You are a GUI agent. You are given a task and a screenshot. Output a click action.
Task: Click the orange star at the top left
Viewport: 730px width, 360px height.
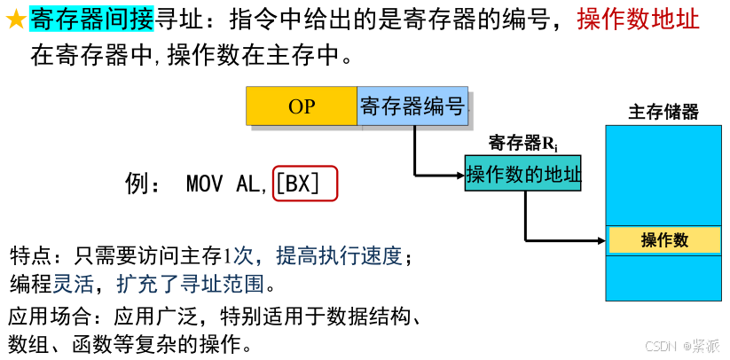(x=16, y=20)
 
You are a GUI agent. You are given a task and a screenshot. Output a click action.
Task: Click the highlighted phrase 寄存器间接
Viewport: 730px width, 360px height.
(x=91, y=19)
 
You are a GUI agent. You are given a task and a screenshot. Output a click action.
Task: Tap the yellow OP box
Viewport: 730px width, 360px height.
(x=302, y=106)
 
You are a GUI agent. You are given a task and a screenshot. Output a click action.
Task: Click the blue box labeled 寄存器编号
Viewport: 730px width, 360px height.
(x=412, y=106)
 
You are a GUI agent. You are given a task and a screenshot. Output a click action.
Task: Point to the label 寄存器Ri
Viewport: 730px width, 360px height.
(x=522, y=143)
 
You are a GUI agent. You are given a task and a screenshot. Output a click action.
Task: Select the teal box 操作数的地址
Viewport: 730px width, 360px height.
(x=523, y=174)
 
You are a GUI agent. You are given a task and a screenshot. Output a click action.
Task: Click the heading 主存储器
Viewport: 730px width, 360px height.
(x=663, y=113)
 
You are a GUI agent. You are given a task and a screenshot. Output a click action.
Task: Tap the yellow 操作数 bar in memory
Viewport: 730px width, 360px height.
(x=664, y=240)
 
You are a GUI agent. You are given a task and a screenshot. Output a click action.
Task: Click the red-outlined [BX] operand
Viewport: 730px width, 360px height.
(x=304, y=184)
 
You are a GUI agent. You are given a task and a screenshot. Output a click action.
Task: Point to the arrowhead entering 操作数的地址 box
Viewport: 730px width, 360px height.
(x=460, y=174)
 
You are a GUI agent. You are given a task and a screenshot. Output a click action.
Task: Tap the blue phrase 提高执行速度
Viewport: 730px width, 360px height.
(x=340, y=256)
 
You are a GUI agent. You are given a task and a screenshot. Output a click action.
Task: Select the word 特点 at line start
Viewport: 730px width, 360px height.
(x=30, y=257)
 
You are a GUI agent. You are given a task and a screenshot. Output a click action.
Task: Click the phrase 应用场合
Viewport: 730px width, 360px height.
(x=43, y=316)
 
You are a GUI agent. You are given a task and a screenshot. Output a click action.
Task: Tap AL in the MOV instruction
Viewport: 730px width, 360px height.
(x=250, y=184)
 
